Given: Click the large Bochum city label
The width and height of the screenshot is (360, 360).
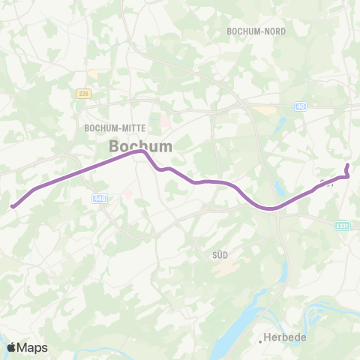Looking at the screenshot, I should point(140,146).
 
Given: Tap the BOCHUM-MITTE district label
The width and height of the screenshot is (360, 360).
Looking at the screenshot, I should point(115,128).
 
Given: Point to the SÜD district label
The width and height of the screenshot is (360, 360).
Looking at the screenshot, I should point(220,255).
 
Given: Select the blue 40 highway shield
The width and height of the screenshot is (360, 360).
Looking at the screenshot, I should point(301,107).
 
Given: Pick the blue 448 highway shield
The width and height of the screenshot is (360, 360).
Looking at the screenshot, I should point(100,198).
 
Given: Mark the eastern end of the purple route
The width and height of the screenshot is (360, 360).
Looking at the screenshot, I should point(347,166).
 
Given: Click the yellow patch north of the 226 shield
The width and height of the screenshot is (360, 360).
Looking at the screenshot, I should point(92,73).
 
